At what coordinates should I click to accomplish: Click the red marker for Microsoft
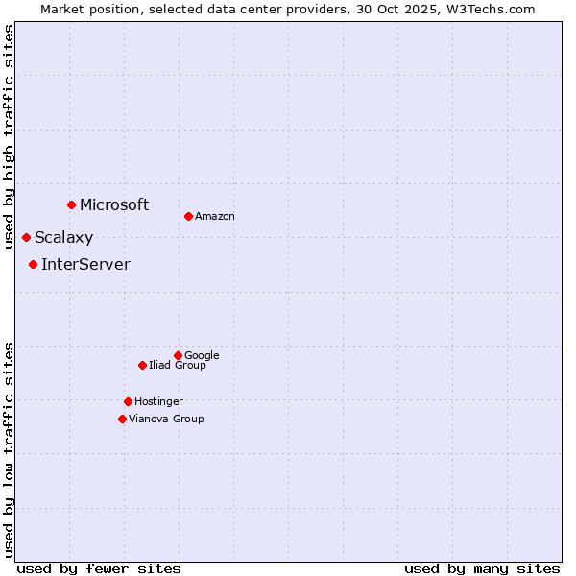tap(71, 204)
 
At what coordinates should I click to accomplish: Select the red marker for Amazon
tap(188, 216)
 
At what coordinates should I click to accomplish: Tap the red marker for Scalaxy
tap(26, 237)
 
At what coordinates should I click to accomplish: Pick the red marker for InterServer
tap(33, 264)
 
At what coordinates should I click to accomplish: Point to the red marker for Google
tap(178, 355)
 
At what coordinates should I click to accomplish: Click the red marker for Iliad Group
tap(142, 365)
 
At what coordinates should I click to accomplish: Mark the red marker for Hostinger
tap(128, 401)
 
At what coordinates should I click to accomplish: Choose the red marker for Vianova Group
tap(122, 419)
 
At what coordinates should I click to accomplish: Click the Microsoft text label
tap(114, 204)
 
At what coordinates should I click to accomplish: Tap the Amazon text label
tap(215, 217)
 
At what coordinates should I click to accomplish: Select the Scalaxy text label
tap(64, 238)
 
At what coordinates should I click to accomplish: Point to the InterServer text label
tap(85, 265)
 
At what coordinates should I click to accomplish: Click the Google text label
tap(202, 355)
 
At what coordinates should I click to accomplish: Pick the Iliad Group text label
tap(178, 365)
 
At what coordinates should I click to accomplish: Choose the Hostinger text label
tap(158, 401)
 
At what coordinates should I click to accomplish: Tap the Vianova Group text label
tap(166, 419)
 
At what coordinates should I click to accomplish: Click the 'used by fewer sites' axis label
tap(99, 568)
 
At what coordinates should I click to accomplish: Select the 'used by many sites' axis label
tap(482, 568)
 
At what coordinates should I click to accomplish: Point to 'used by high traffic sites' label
tap(9, 136)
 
